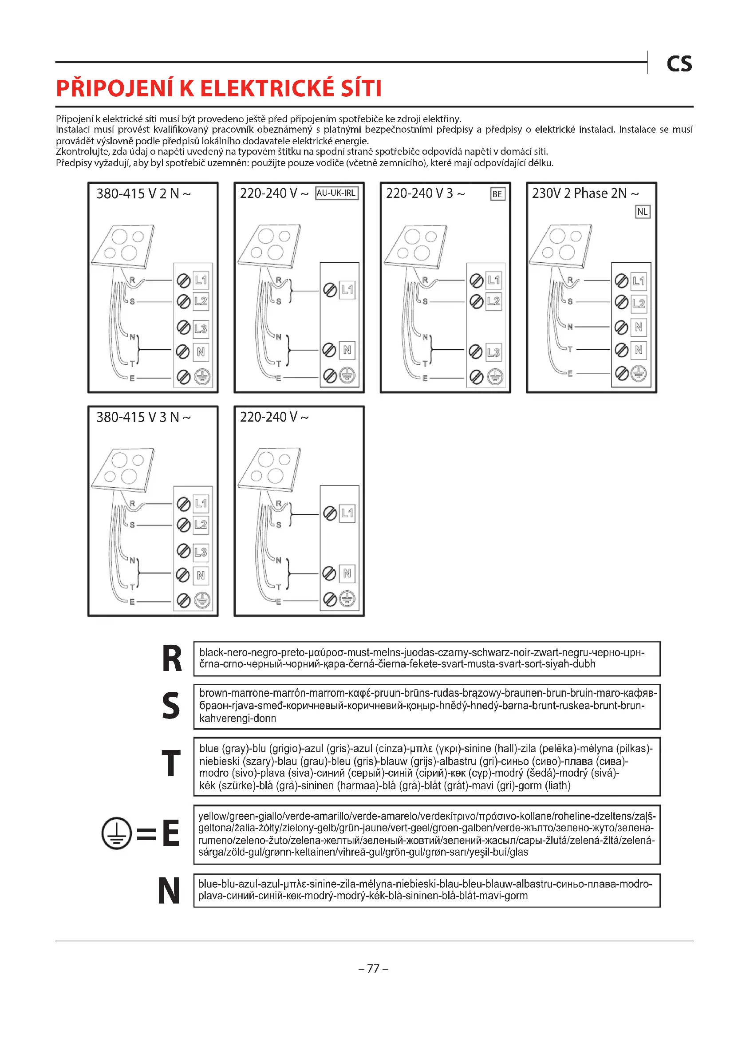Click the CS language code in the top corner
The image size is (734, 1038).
point(679,64)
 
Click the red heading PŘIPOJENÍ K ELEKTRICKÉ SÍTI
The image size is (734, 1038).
point(219,88)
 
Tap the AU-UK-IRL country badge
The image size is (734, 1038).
point(336,193)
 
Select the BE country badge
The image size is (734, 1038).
point(497,194)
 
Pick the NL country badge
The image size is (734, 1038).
point(642,212)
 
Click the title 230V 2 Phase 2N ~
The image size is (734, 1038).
point(585,193)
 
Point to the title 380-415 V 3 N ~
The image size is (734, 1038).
point(143,417)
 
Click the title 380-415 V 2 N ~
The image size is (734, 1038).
point(143,193)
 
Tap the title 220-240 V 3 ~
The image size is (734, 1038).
point(425,193)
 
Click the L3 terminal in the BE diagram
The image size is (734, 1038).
point(493,352)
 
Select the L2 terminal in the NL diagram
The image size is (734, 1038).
point(639,304)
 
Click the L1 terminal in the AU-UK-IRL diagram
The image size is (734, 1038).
point(347,290)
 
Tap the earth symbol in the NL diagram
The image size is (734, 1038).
point(639,373)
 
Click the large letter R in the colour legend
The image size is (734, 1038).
point(172,659)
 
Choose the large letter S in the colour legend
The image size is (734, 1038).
point(171,706)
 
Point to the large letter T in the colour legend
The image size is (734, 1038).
point(171,764)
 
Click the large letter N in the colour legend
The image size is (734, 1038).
point(169,891)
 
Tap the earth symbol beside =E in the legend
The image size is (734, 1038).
point(116,833)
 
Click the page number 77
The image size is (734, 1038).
point(373,968)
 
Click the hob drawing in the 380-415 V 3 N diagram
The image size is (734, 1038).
point(123,469)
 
